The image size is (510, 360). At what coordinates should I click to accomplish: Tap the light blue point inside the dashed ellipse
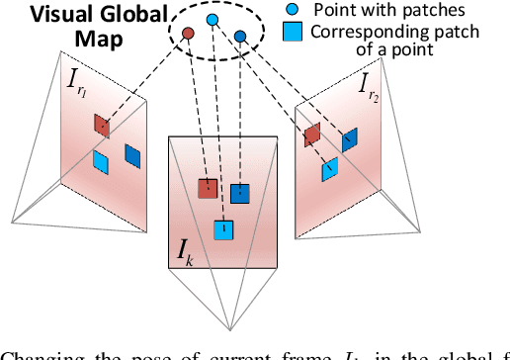point(212,20)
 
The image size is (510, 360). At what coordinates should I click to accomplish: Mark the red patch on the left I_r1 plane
point(102,125)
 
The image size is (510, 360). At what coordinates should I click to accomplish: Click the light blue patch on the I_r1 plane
point(100,160)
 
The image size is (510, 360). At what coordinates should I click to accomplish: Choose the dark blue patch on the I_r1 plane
point(131,154)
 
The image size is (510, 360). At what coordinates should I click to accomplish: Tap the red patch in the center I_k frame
point(208,188)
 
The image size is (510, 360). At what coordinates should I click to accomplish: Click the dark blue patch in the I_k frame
point(240,194)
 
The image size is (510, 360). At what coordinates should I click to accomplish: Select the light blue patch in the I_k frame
point(224,229)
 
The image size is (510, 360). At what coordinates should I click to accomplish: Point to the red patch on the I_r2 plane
point(312,135)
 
